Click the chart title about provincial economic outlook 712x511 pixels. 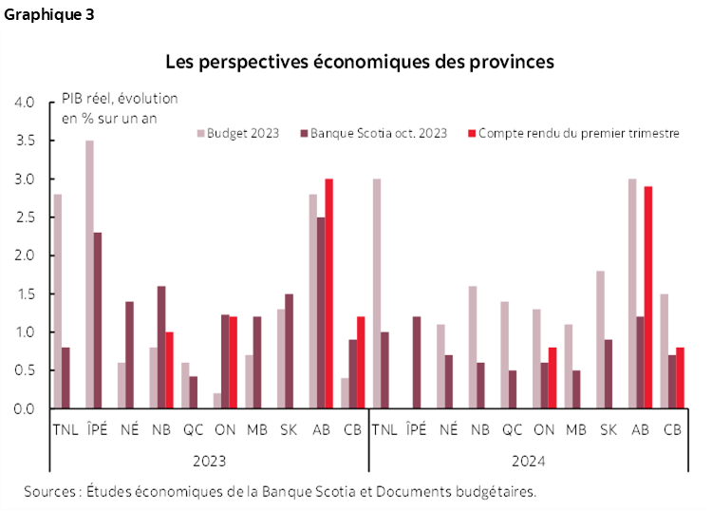pos(359,63)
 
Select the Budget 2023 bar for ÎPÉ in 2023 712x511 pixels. pos(89,274)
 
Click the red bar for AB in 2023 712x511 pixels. pos(328,293)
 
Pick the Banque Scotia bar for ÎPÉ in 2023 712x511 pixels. pos(98,320)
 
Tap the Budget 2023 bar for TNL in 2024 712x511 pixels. pos(377,293)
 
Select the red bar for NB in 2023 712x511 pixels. pos(169,370)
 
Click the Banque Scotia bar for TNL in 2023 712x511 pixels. pos(66,378)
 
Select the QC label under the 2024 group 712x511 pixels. pos(514,430)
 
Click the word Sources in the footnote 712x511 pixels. pos(50,491)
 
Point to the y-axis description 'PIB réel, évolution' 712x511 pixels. pos(120,99)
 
